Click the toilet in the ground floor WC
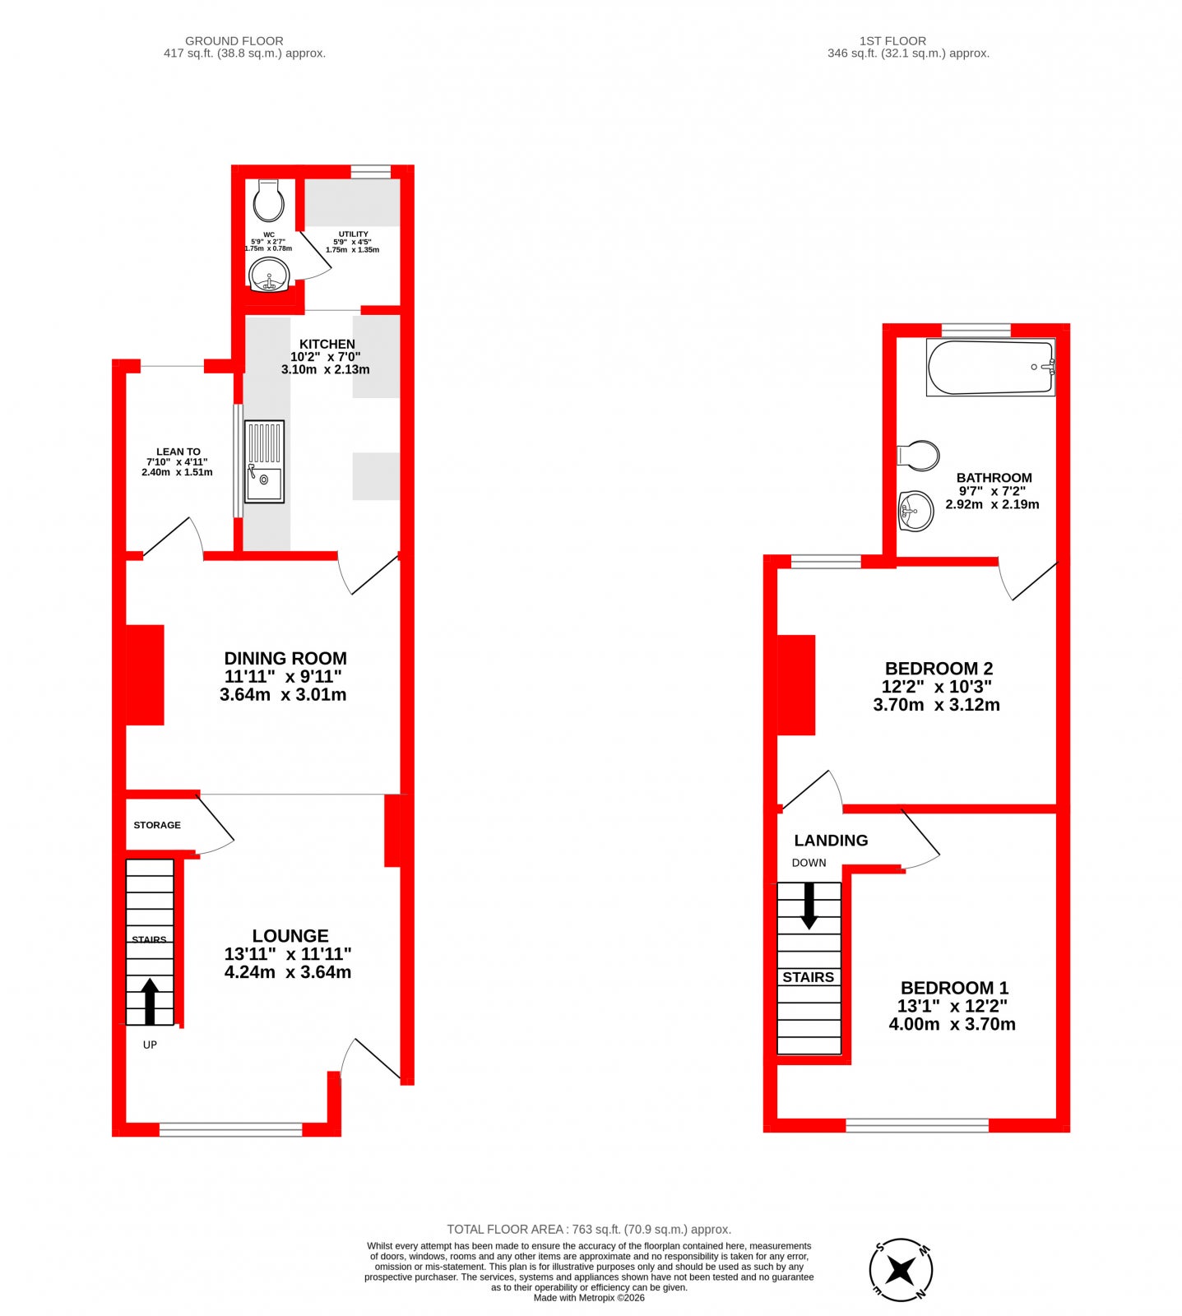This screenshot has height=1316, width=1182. point(268,201)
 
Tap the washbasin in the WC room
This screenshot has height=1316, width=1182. point(269,275)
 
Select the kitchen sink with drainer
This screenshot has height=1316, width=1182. point(264,461)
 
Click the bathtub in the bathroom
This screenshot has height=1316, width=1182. point(990,368)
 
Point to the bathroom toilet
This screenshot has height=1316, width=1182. point(919,455)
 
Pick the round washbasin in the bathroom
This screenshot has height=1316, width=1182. point(915,511)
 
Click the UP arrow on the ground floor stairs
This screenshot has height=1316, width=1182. point(150,1001)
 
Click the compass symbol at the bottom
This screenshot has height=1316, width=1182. point(901,1270)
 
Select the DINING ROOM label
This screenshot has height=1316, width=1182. point(285,658)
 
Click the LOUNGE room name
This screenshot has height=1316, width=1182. point(290,936)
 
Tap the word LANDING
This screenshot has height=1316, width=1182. point(831,841)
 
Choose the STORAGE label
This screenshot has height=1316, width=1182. point(157,825)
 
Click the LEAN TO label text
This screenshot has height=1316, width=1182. point(178,452)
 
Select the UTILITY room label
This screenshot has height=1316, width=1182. point(354,234)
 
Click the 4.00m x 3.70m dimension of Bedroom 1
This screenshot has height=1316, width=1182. point(953,1024)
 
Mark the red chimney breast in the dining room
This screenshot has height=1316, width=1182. point(145,675)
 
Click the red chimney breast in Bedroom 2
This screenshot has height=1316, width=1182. point(796,685)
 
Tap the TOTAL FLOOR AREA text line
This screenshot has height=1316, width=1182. point(589,1230)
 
